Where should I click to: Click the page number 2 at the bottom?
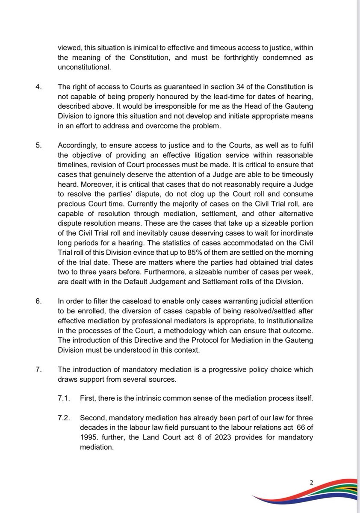[312, 482]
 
